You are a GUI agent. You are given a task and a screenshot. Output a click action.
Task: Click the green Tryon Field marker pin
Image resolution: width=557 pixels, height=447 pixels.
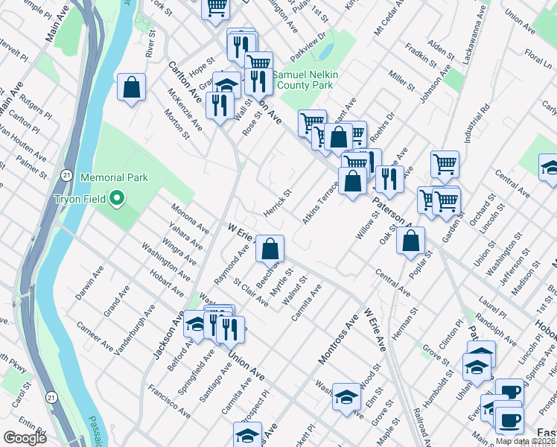pyautogui.click(x=116, y=199)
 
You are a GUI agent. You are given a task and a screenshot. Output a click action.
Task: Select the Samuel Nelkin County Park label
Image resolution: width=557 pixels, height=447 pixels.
pyautogui.click(x=302, y=80)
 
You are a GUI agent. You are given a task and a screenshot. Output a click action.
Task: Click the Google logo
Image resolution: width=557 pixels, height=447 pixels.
pyautogui.click(x=25, y=437)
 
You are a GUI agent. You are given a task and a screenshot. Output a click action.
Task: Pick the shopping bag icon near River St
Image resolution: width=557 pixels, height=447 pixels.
pyautogui.click(x=131, y=87)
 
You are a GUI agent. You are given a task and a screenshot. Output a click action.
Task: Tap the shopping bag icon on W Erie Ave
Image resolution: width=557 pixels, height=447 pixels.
pyautogui.click(x=270, y=247)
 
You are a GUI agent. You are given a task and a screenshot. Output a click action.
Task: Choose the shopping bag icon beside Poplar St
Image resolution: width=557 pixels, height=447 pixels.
pyautogui.click(x=410, y=240)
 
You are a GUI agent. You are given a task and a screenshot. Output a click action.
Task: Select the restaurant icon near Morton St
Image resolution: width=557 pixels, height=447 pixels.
pyautogui.click(x=219, y=105)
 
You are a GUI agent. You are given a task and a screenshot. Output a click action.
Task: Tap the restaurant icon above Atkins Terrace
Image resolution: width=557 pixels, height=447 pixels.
pyautogui.click(x=389, y=178)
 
